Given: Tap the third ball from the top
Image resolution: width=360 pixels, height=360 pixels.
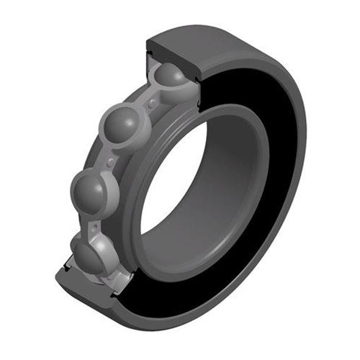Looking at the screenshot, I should [x=94, y=189].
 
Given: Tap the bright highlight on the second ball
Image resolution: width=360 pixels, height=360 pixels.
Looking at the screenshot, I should [x=117, y=121].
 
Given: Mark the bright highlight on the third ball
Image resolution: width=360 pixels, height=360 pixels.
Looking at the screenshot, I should [x=88, y=184].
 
